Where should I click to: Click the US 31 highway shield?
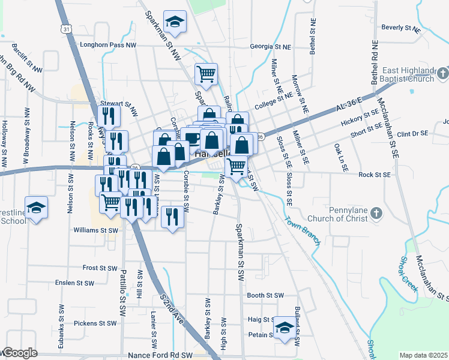pyautogui.click(x=64, y=28)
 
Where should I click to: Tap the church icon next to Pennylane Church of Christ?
pyautogui.click(x=376, y=212)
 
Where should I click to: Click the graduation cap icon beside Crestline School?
pyautogui.click(x=36, y=206)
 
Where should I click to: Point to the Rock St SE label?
pyautogui.click(x=375, y=175)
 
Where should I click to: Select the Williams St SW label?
pyautogui.click(x=95, y=230)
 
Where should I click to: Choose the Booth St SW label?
pyautogui.click(x=265, y=295)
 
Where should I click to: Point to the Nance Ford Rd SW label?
pyautogui.click(x=160, y=355)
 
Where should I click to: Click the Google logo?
pyautogui.click(x=19, y=353)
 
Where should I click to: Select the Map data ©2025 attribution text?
pyautogui.click(x=423, y=355)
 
